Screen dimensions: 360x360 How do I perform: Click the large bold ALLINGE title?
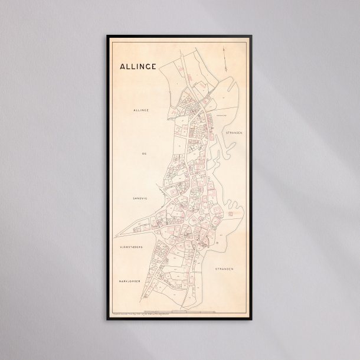(x=138, y=66)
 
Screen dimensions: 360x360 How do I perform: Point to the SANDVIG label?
(x=139, y=199)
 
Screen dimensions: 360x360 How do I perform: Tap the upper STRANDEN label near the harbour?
(x=234, y=133)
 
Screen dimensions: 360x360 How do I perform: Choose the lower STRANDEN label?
(x=224, y=269)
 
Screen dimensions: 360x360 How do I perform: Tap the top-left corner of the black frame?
(x=107, y=36)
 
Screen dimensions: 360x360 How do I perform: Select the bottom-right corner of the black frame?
(x=253, y=319)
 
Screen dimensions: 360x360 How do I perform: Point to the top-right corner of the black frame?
(x=253, y=36)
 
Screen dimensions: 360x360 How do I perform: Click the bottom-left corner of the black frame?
(x=107, y=319)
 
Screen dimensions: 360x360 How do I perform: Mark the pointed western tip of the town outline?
(x=116, y=235)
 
